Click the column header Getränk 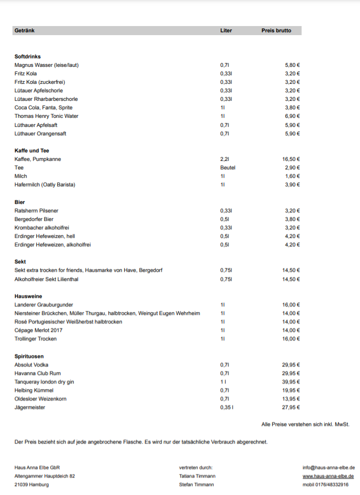click(x=24, y=31)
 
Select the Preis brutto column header click(x=276, y=31)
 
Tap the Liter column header click(x=226, y=31)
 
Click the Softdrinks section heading click(x=28, y=57)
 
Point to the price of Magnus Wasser click(x=292, y=65)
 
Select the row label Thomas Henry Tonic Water click(x=46, y=116)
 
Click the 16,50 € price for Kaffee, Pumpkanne click(x=291, y=159)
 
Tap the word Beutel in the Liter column click(x=227, y=168)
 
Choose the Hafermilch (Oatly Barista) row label click(x=45, y=185)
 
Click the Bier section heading click(x=20, y=202)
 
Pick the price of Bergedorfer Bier click(x=292, y=219)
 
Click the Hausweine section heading click(x=28, y=296)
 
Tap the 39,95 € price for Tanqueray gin click(x=291, y=382)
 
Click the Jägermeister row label click(x=29, y=407)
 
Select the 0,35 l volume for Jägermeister click(x=226, y=407)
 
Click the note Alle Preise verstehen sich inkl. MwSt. click(x=305, y=424)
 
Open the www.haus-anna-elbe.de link click(x=329, y=476)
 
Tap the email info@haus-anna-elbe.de click(x=329, y=468)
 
